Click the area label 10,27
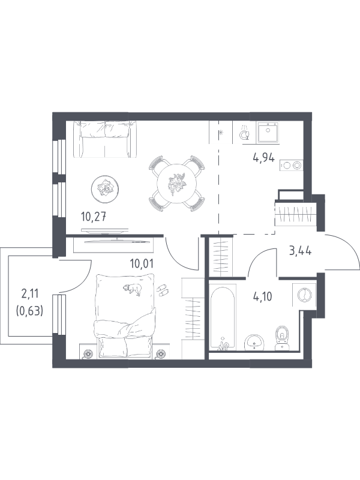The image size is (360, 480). point(94,217)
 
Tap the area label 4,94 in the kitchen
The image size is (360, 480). point(263,158)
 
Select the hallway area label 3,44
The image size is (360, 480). point(301,251)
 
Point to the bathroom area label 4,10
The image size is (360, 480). point(263,296)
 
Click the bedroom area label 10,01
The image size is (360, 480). point(142,263)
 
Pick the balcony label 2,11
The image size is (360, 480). point(29,294)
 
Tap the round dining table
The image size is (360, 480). point(176,184)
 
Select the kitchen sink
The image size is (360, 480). point(268,132)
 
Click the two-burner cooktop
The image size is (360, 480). point(291,166)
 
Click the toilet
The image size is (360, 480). point(282,338)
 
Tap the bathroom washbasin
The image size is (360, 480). point(254,341)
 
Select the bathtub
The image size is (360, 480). point(223,317)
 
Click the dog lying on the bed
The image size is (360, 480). point(133,289)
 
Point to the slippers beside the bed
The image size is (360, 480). point(163,290)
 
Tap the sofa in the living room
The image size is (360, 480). point(104,139)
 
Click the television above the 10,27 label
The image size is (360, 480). point(104,230)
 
